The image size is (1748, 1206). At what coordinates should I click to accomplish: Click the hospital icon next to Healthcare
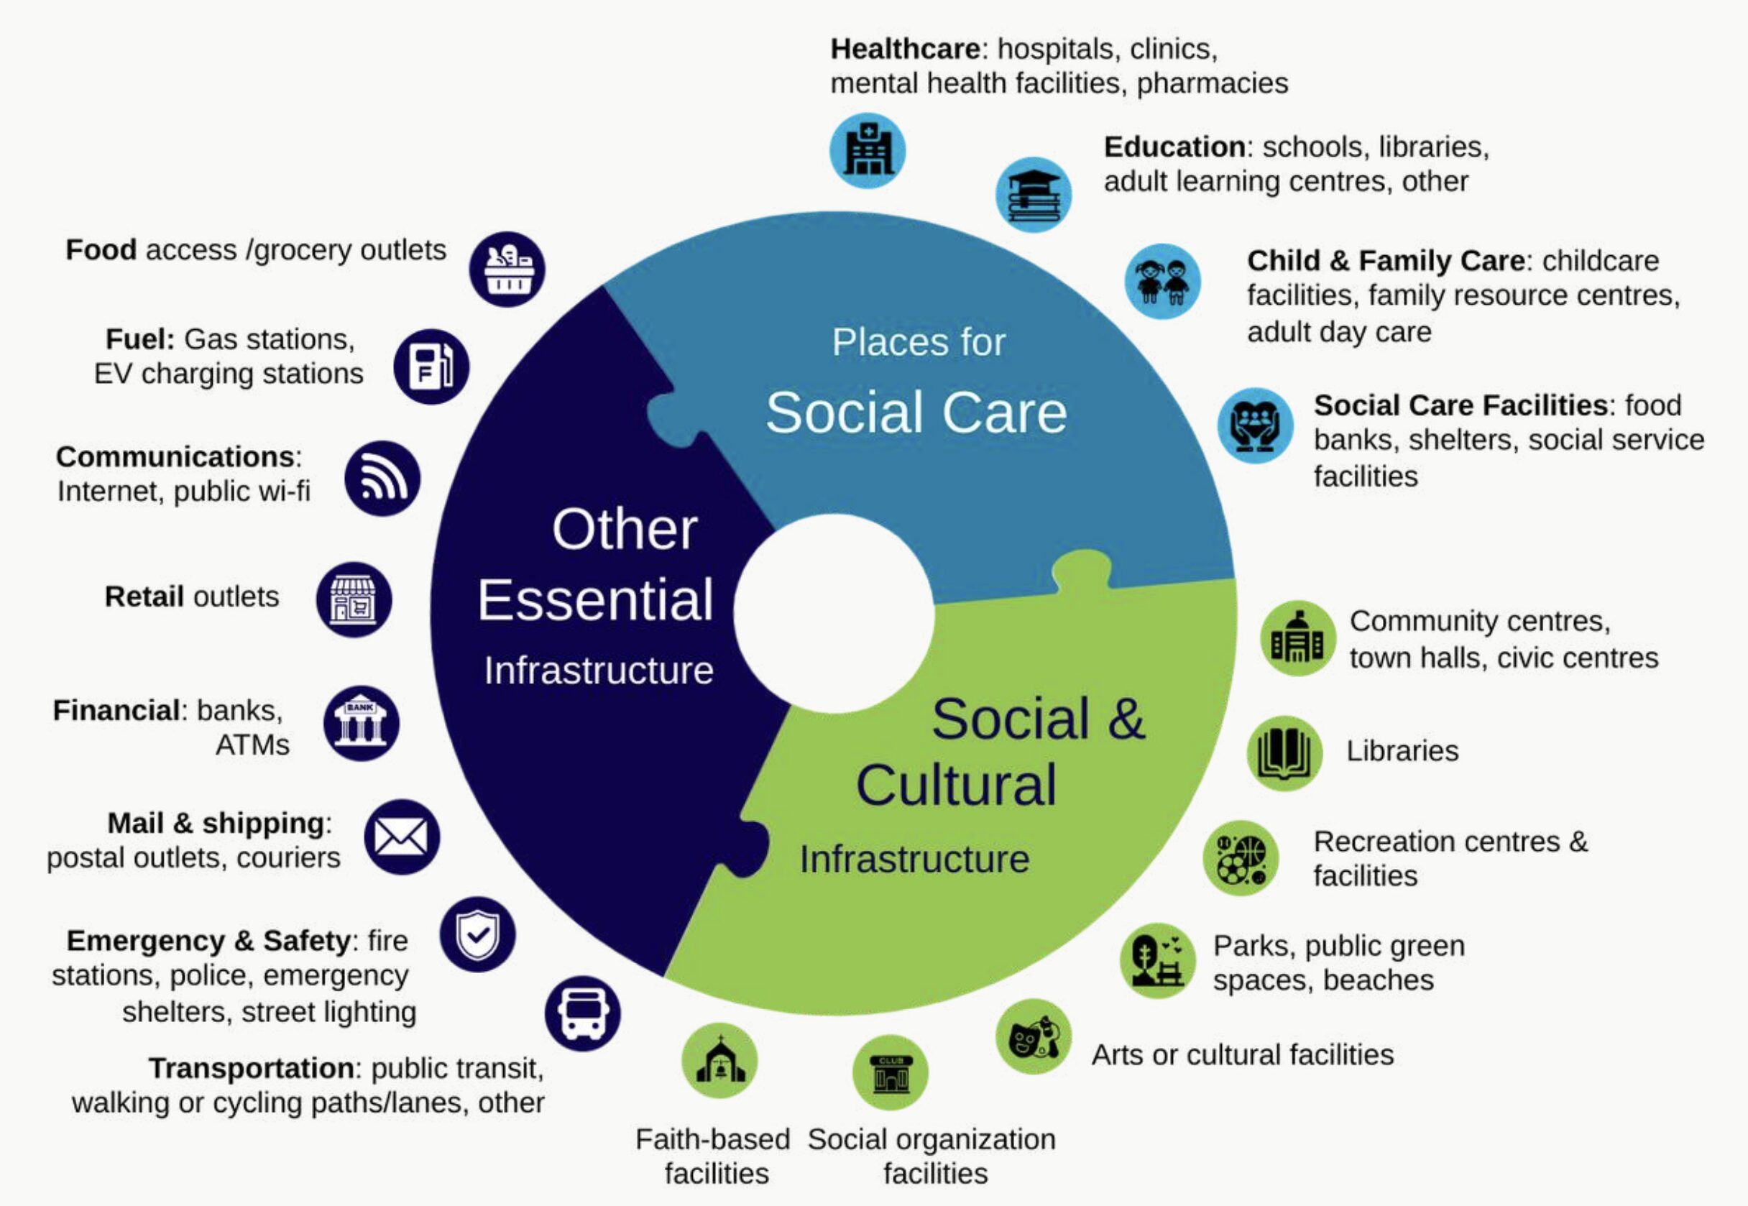point(867,150)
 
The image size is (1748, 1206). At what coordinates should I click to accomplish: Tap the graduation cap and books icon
point(1033,194)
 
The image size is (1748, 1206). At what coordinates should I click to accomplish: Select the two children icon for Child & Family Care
point(1163,281)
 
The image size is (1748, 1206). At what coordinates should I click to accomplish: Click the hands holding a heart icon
point(1254,425)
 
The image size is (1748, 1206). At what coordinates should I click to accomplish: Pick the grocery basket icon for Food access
point(507,269)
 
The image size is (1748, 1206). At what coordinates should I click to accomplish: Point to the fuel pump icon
point(431,367)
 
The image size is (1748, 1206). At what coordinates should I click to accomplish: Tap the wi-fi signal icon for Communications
point(382,479)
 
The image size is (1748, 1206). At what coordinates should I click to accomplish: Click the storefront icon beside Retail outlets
point(354,599)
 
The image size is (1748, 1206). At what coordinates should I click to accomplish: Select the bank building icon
point(362,723)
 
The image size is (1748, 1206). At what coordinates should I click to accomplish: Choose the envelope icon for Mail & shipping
point(401,837)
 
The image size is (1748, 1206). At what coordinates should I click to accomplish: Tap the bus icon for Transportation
point(583,1013)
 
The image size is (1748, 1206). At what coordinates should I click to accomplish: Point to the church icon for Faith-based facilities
point(719,1060)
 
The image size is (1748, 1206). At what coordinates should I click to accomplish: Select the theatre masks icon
point(1033,1036)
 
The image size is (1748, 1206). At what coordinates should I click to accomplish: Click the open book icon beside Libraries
point(1284,752)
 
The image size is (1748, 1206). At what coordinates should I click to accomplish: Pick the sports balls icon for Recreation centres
point(1240,857)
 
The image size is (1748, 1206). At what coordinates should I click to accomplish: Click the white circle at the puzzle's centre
point(834,614)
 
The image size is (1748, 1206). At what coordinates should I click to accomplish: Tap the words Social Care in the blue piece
point(916,413)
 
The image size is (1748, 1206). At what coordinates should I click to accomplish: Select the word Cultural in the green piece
point(956,785)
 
